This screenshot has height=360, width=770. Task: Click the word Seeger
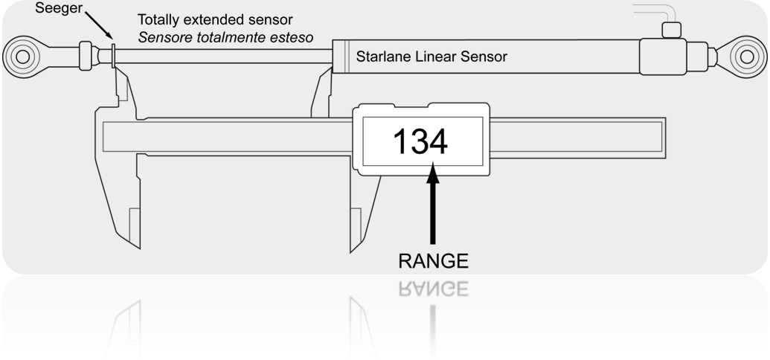click(x=59, y=8)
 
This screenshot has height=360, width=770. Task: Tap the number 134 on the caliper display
click(x=420, y=141)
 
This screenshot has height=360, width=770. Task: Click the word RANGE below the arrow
click(x=433, y=261)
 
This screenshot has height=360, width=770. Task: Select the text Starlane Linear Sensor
click(x=431, y=57)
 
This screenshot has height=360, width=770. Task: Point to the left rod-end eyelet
click(x=22, y=57)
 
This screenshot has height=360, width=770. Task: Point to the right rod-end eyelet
click(x=747, y=57)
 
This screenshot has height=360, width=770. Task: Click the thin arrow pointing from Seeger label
click(x=99, y=25)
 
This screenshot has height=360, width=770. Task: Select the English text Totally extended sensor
click(x=215, y=19)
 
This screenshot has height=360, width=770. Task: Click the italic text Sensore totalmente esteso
click(x=225, y=37)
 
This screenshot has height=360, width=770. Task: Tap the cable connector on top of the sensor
click(x=671, y=30)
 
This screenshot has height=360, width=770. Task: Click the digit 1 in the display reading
click(x=401, y=141)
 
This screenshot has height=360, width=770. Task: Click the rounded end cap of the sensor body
click(x=663, y=57)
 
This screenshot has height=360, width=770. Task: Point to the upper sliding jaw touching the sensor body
click(x=322, y=93)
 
